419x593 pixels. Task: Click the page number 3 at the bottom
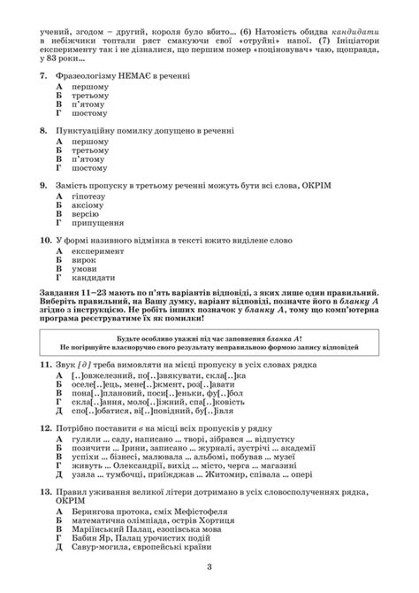(x=209, y=567)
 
